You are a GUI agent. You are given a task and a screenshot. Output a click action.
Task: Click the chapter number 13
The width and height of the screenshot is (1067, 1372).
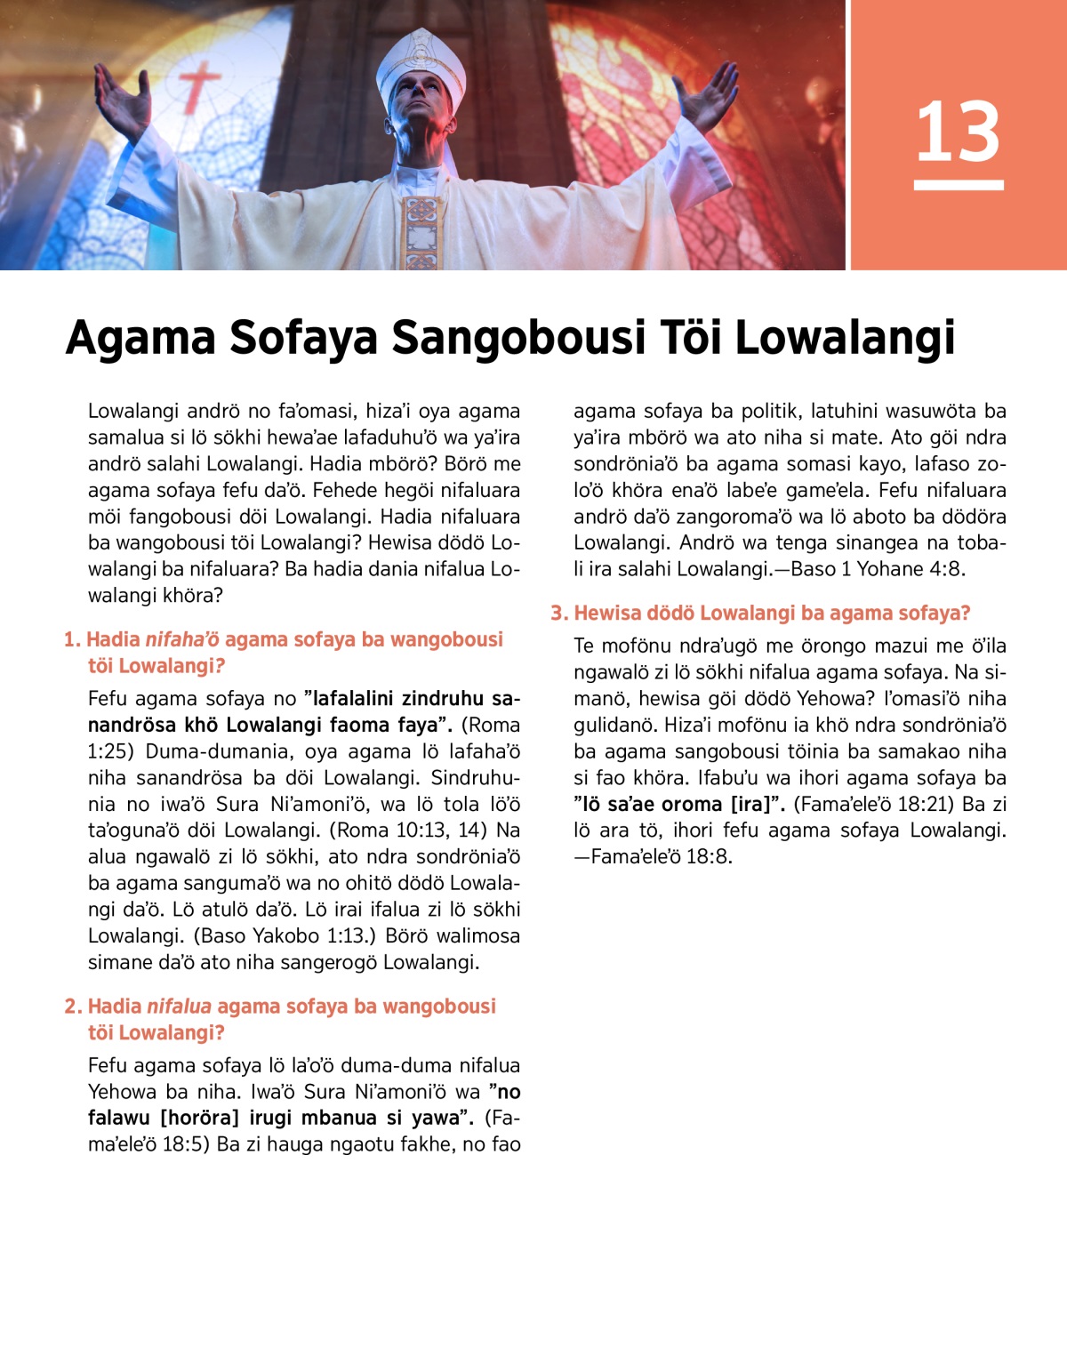(x=958, y=132)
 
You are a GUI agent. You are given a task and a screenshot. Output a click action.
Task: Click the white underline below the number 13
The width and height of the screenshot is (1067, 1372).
(x=958, y=185)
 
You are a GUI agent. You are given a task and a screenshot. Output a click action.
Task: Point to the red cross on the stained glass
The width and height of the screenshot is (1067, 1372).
(x=200, y=85)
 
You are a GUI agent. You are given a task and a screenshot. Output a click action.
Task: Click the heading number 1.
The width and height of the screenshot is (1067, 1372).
(x=71, y=639)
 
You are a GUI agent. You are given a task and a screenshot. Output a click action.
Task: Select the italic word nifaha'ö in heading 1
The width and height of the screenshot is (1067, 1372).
(x=182, y=639)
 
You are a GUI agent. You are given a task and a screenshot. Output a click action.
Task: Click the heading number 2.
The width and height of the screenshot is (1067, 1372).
(x=72, y=1007)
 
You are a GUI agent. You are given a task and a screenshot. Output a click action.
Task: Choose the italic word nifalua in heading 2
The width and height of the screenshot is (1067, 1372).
(x=179, y=1007)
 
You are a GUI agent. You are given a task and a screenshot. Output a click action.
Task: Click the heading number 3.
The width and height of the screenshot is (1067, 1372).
(x=558, y=614)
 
